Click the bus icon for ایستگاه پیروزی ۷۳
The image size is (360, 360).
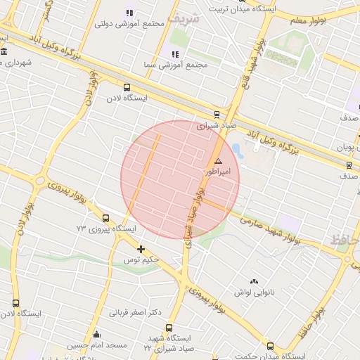[105, 218]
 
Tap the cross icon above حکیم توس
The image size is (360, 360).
[141, 249]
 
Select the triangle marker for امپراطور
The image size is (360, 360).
[218, 161]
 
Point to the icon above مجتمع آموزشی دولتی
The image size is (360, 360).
[129, 13]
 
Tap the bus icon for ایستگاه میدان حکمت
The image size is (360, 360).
[271, 346]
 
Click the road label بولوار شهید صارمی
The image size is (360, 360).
[269, 229]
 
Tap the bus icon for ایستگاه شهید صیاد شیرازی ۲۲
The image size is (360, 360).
[169, 328]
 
